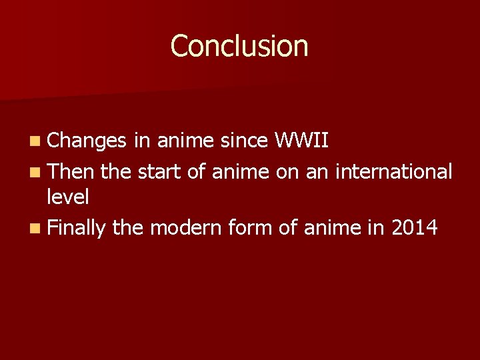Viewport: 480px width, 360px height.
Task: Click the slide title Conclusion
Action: pos(239,46)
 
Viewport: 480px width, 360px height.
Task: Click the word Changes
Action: pos(87,141)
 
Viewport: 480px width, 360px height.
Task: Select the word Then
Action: pos(72,171)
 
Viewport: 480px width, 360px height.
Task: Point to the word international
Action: pos(394,171)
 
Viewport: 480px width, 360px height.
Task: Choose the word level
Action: pos(68,197)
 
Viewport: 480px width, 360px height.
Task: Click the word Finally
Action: pos(77,229)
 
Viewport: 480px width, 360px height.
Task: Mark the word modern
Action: pos(186,228)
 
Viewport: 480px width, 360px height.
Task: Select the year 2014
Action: pos(414,228)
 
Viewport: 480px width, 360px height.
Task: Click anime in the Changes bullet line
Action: pos(186,141)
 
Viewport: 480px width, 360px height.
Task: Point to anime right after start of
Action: pos(240,171)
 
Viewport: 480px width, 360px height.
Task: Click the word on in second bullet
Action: pos(287,171)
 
